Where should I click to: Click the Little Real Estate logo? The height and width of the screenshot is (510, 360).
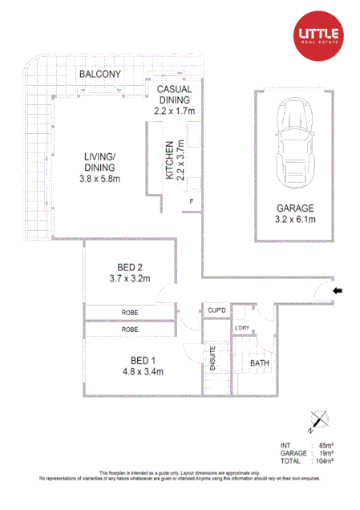click(x=319, y=34)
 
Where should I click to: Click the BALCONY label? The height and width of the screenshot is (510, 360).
click(x=99, y=75)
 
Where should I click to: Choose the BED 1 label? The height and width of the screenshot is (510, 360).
click(x=132, y=360)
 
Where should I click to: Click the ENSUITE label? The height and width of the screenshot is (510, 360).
click(x=213, y=356)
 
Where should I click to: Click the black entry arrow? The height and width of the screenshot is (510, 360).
click(x=338, y=290)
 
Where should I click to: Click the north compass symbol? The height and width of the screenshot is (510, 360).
click(x=320, y=419)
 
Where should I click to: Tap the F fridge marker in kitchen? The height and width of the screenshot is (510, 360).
click(x=191, y=201)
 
